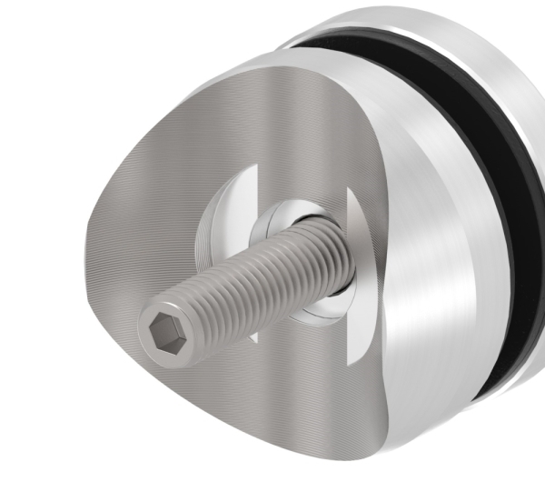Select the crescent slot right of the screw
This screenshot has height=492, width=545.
click(x=358, y=264)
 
